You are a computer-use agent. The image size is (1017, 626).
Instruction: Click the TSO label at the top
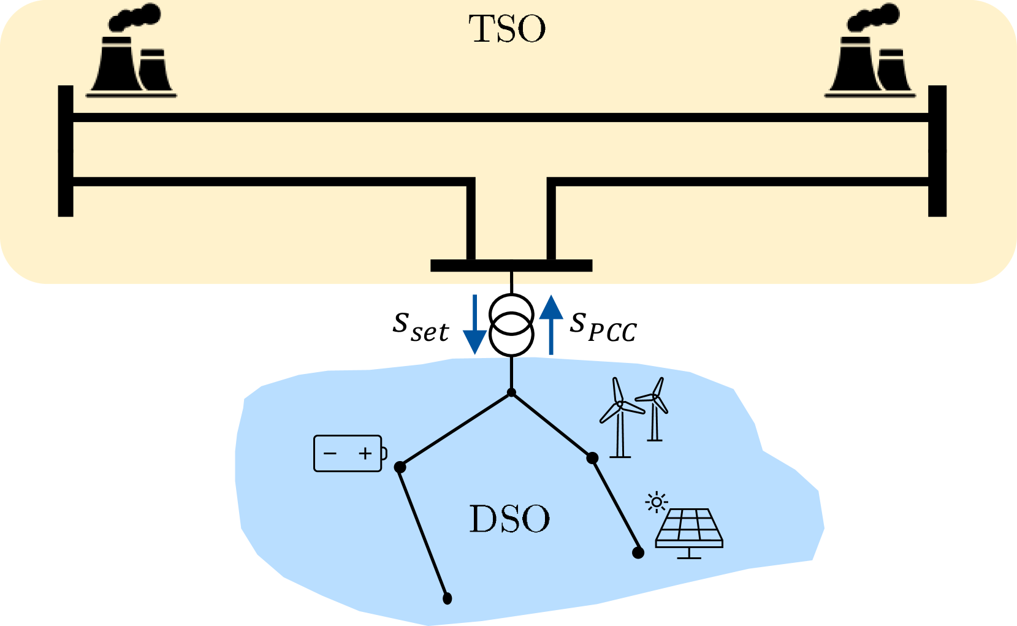pyautogui.click(x=507, y=29)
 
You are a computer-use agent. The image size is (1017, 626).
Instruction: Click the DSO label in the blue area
pyautogui.click(x=509, y=519)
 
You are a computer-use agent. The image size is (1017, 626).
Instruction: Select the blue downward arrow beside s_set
pyautogui.click(x=474, y=325)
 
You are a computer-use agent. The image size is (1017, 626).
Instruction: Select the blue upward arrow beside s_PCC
pyautogui.click(x=551, y=325)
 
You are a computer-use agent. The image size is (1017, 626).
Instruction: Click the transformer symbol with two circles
pyautogui.click(x=511, y=325)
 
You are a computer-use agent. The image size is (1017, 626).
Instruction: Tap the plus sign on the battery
pyautogui.click(x=365, y=454)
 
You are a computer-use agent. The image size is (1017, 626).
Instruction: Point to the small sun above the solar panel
pyautogui.click(x=657, y=503)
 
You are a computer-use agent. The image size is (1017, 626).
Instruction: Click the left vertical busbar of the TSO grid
pyautogui.click(x=66, y=151)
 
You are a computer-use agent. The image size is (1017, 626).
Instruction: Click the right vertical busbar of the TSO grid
pyautogui.click(x=937, y=151)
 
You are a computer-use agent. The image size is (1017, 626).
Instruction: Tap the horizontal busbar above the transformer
pyautogui.click(x=511, y=265)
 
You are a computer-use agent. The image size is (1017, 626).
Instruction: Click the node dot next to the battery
pyautogui.click(x=400, y=467)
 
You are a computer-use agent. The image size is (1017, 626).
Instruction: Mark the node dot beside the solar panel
pyautogui.click(x=638, y=553)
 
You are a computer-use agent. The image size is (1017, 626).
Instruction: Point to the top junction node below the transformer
pyautogui.click(x=511, y=392)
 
